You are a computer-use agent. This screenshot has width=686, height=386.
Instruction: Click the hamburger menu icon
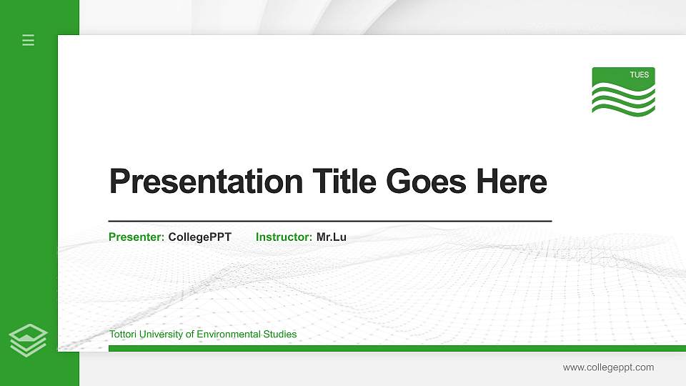pyautogui.click(x=29, y=40)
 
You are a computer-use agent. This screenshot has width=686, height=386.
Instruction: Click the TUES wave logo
pyautogui.click(x=623, y=91)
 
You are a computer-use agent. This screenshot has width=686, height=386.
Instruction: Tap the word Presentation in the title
pyautogui.click(x=206, y=182)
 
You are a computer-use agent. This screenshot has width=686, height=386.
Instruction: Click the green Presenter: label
pyautogui.click(x=136, y=237)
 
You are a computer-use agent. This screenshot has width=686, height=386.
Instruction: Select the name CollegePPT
pyautogui.click(x=199, y=237)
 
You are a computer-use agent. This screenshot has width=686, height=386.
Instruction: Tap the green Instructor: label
pyautogui.click(x=284, y=237)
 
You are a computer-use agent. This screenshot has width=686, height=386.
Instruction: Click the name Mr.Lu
pyautogui.click(x=331, y=237)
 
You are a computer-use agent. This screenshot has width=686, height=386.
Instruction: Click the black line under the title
pyautogui.click(x=329, y=222)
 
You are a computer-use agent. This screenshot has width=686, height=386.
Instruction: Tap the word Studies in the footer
pyautogui.click(x=281, y=335)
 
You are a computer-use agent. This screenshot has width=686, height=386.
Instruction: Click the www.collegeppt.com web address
pyautogui.click(x=608, y=367)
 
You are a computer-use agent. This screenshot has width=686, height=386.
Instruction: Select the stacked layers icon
pyautogui.click(x=29, y=340)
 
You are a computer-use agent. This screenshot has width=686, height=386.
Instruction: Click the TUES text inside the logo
pyautogui.click(x=639, y=74)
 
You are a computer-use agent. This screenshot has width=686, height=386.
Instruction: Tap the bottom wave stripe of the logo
pyautogui.click(x=623, y=109)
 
